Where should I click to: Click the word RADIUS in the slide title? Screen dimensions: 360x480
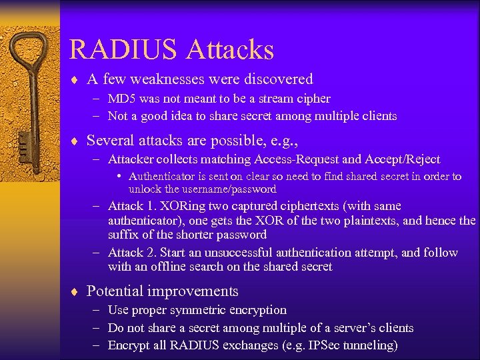click(x=123, y=50)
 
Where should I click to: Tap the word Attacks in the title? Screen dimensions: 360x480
click(x=230, y=50)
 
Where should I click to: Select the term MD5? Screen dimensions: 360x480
click(x=121, y=99)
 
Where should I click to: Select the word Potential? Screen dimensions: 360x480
click(x=115, y=291)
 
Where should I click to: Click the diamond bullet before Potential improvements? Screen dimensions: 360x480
click(x=75, y=291)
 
